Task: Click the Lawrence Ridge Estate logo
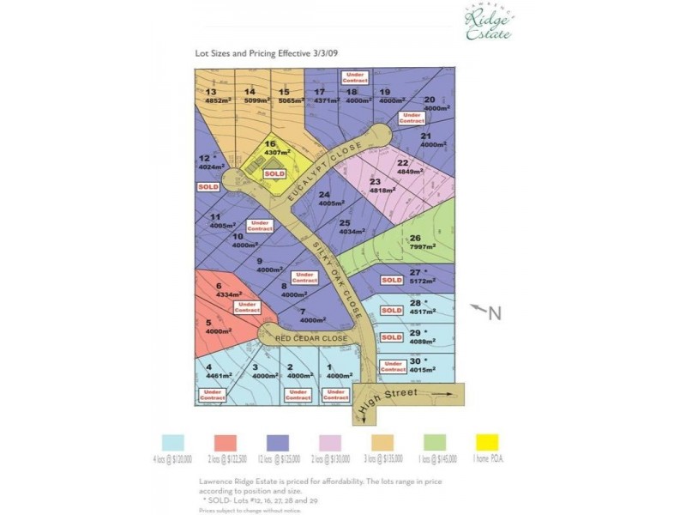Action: point(488,24)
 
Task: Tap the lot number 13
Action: point(210,92)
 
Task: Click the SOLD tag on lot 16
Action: point(274,173)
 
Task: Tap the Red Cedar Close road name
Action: point(310,339)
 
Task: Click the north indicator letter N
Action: point(494,314)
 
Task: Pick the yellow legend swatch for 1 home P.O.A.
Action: point(487,442)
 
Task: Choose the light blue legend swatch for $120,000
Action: point(173,442)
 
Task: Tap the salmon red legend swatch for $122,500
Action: point(226,442)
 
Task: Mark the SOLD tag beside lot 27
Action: point(392,280)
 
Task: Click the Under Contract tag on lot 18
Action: point(356,77)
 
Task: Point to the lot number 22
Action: point(402,162)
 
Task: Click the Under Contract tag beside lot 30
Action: point(393,367)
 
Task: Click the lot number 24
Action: point(324,195)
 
